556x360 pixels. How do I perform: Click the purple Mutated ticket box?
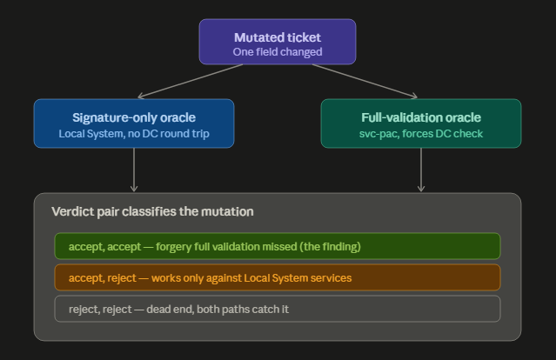click(278, 42)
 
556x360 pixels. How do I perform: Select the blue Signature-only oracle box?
click(134, 123)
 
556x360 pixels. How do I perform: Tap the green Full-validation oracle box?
click(421, 123)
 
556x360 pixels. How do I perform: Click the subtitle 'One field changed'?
click(278, 52)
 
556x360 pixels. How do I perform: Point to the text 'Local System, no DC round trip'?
click(134, 134)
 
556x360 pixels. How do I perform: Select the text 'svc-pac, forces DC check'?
click(421, 134)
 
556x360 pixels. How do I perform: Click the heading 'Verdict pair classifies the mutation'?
click(152, 211)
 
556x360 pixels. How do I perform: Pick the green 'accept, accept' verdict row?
click(278, 246)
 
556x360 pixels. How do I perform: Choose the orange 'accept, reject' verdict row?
click(278, 277)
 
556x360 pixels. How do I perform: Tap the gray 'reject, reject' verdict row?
click(278, 309)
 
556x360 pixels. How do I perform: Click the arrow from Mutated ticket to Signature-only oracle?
click(190, 81)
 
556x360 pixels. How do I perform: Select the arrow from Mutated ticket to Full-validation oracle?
click(365, 81)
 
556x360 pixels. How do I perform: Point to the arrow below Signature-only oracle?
click(134, 170)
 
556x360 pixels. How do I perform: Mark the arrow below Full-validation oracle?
click(421, 170)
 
